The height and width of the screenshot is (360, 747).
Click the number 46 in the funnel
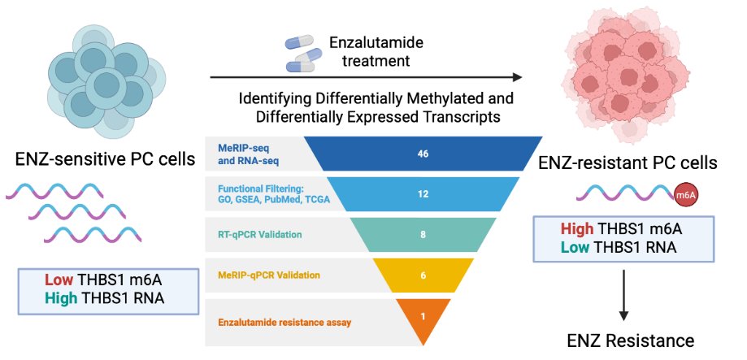(423, 154)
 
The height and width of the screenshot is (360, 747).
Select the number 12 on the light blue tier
(423, 194)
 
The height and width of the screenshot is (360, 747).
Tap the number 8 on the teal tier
(423, 235)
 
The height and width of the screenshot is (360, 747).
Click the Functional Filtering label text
(269, 194)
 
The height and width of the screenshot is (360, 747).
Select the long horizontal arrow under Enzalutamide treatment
(366, 78)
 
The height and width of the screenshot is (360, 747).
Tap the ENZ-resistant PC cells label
(627, 163)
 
